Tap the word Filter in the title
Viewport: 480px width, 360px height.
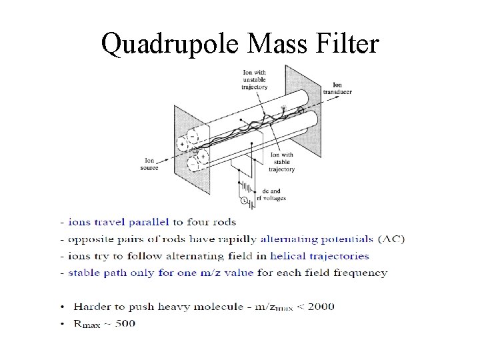click(x=347, y=44)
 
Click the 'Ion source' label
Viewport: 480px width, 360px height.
click(x=149, y=163)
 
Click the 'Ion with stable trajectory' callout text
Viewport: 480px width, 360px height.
click(x=283, y=162)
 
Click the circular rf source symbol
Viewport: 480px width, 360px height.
click(x=244, y=200)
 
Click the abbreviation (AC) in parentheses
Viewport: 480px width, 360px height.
click(x=391, y=239)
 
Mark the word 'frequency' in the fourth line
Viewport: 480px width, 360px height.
click(x=362, y=273)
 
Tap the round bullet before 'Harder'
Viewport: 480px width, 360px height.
click(x=62, y=307)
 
